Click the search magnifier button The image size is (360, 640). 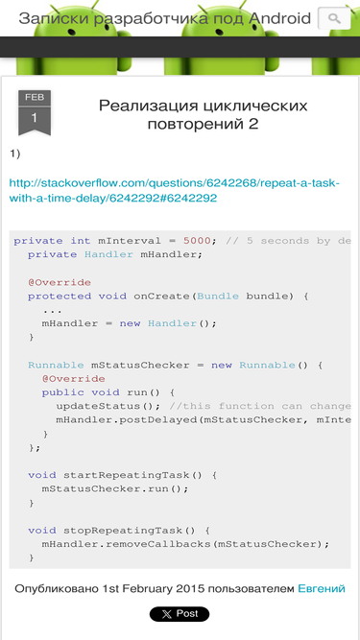pyautogui.click(x=334, y=18)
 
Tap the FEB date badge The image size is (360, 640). pyautogui.click(x=35, y=112)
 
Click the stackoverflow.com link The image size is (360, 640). pyautogui.click(x=175, y=190)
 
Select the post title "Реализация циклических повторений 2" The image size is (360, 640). pyautogui.click(x=203, y=115)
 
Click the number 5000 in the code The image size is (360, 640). pyautogui.click(x=197, y=241)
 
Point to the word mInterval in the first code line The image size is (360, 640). pyautogui.click(x=130, y=241)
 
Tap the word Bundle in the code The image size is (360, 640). pyautogui.click(x=218, y=296)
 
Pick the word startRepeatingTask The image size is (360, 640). pyautogui.click(x=126, y=475)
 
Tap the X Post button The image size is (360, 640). pyautogui.click(x=180, y=614)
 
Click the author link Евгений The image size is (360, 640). pyautogui.click(x=322, y=588)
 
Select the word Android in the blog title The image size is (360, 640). pyautogui.click(x=279, y=18)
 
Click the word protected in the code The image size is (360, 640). pyautogui.click(x=60, y=296)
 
